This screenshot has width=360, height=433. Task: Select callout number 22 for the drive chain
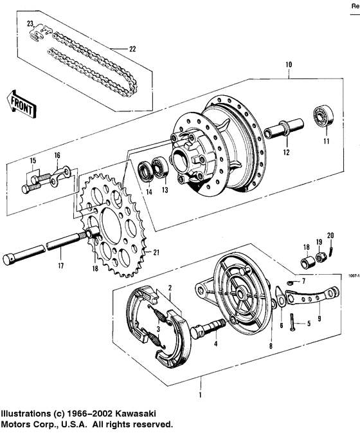pyautogui.click(x=133, y=50)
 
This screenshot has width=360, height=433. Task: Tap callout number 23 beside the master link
pyautogui.click(x=30, y=24)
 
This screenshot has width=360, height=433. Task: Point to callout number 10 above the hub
pyautogui.click(x=289, y=65)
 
